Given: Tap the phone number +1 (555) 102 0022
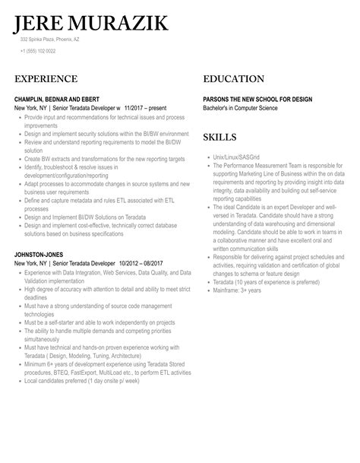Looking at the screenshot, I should coord(38,51).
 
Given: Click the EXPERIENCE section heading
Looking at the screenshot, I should coord(46,79).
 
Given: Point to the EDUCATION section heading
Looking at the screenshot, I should coord(234,79).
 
